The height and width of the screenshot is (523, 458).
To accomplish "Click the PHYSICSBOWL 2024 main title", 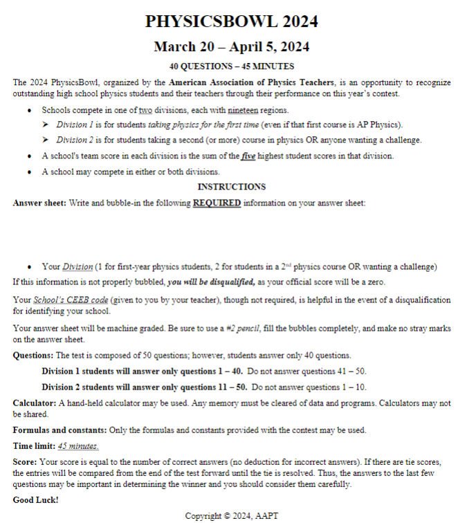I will (x=231, y=21).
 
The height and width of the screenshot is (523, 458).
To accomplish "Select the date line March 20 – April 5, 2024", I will (x=231, y=47).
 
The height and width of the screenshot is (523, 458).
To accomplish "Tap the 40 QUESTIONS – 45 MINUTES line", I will (x=231, y=66).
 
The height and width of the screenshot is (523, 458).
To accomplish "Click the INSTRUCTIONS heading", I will (x=231, y=187).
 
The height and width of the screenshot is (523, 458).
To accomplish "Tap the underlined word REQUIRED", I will (x=217, y=203).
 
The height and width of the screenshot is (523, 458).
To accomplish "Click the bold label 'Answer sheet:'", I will (x=39, y=203).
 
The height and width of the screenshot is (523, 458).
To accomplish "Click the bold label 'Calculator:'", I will (x=35, y=403).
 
